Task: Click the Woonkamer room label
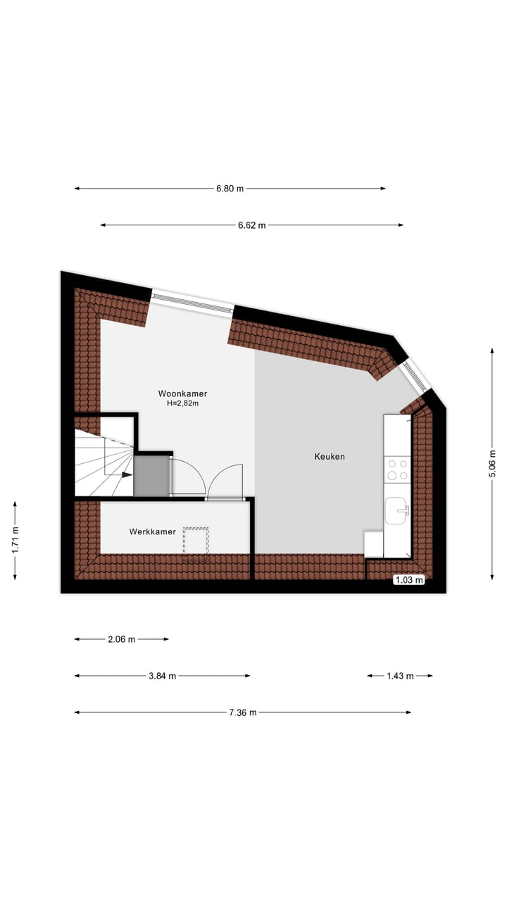pos(182,393)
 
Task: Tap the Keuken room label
pos(330,457)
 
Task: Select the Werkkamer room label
pos(152,532)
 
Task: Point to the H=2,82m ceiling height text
pos(182,403)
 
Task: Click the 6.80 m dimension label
pos(230,189)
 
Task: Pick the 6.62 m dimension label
pos(252,225)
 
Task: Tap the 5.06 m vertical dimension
pos(492,464)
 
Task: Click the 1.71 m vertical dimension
pos(15,540)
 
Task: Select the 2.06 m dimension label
pos(121,639)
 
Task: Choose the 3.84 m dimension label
pos(162,676)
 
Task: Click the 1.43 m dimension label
pos(399,676)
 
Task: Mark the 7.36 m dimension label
pos(243,712)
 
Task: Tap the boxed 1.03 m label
pos(409,581)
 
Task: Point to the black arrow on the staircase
pos(127,475)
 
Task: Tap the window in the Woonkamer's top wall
pos(192,301)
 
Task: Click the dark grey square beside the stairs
pos(151,476)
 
